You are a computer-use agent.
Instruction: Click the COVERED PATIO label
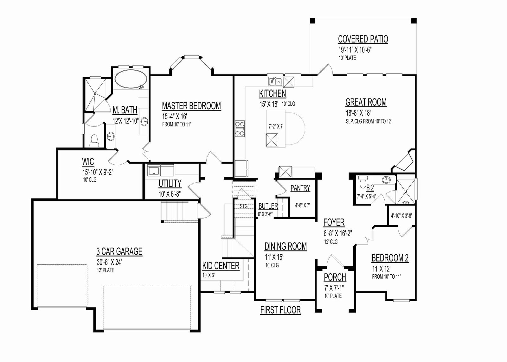click(363, 39)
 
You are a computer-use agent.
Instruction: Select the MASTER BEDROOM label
click(191, 106)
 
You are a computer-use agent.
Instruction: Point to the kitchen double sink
click(275, 81)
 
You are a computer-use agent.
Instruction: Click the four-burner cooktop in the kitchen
click(240, 129)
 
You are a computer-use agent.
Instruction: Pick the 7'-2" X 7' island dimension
click(276, 126)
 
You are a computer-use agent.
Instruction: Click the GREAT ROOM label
click(366, 102)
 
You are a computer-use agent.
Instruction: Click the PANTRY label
click(300, 188)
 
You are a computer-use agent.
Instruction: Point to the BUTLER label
click(268, 206)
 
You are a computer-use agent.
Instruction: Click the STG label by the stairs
click(244, 206)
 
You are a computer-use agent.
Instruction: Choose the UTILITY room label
click(170, 183)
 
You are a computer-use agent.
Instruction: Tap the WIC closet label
click(88, 162)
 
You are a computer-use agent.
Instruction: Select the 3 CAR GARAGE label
click(119, 251)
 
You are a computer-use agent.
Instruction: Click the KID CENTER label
click(221, 266)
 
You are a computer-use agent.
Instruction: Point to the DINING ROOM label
click(286, 246)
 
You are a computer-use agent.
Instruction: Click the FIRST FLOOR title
click(280, 310)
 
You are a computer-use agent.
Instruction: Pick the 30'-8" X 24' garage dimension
click(109, 262)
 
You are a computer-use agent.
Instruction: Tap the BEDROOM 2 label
click(390, 258)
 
